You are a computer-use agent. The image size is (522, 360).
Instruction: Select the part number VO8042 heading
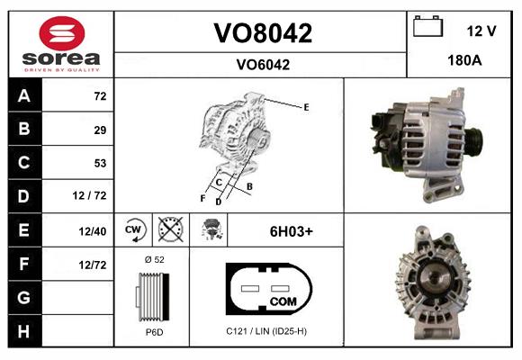click(x=262, y=34)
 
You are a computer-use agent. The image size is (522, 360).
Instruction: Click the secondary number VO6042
click(x=262, y=64)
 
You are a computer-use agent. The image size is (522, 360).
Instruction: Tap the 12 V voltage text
click(x=481, y=31)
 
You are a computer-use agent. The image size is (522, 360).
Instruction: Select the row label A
click(x=23, y=95)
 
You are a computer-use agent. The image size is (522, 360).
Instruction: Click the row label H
click(x=23, y=330)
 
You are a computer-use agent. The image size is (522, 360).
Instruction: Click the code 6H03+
click(x=291, y=230)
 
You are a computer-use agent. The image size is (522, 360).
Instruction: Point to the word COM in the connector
click(x=283, y=301)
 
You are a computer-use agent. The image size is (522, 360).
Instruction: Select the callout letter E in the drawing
click(x=306, y=107)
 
